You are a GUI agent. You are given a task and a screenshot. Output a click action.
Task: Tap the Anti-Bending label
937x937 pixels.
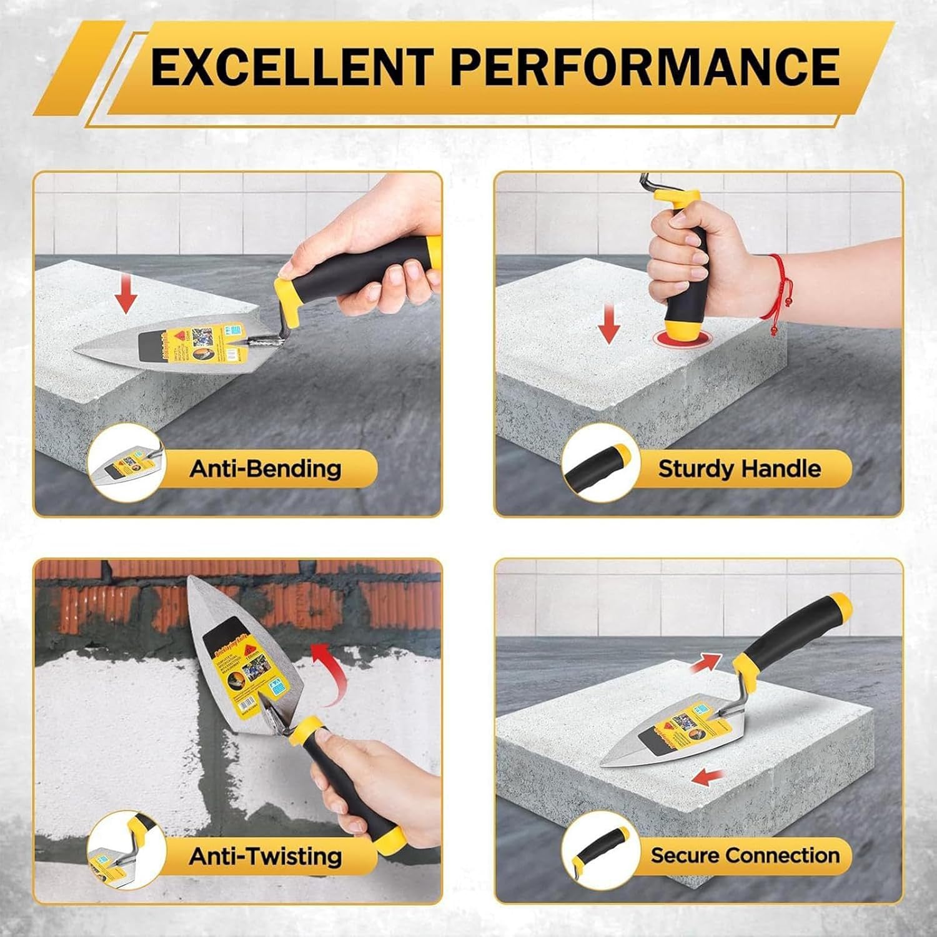click(265, 468)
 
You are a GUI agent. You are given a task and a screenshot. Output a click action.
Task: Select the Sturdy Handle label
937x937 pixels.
click(739, 468)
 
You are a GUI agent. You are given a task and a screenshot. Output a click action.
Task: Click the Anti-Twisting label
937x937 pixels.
click(265, 856)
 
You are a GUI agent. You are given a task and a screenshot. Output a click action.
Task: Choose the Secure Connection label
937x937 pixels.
click(745, 855)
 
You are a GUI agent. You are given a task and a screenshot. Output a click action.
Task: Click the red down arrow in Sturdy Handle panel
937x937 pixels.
click(609, 325)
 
